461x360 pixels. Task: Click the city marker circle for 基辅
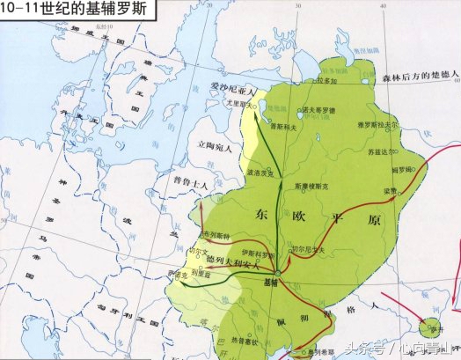(x=278, y=273)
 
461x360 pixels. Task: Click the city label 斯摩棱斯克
(x=314, y=186)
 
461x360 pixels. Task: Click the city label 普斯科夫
(x=282, y=128)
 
